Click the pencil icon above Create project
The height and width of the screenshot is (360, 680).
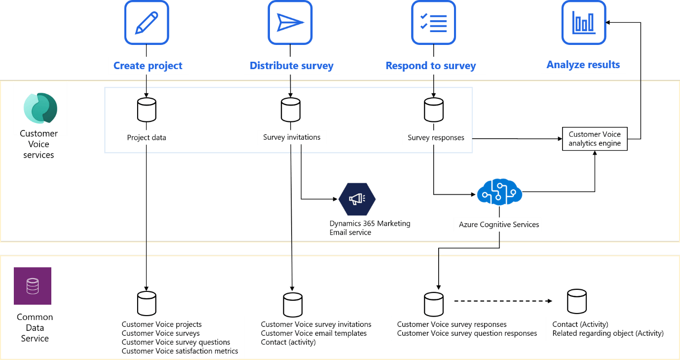tap(147, 23)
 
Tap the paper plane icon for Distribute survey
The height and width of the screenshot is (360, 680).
tap(290, 23)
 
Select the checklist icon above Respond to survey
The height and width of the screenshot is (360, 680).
tap(433, 23)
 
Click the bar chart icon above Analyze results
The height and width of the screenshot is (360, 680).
tap(583, 23)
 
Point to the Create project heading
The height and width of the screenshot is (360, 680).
tap(148, 66)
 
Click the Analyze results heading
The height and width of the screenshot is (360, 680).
tap(583, 65)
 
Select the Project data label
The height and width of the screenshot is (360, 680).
tap(147, 138)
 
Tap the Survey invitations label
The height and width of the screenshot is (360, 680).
tap(292, 137)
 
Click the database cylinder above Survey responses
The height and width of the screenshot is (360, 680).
tap(434, 110)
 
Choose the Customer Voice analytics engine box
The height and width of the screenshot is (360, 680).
tap(595, 139)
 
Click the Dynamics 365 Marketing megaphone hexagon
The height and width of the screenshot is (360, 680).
tap(357, 199)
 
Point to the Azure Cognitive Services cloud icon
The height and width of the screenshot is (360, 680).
tap(499, 192)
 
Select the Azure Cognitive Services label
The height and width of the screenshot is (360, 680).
tap(499, 225)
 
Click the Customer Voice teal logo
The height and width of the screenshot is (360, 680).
tap(40, 108)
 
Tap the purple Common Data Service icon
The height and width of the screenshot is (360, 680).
tap(33, 286)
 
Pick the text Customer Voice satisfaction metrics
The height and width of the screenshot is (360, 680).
tap(180, 351)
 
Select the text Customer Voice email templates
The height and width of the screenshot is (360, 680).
tap(314, 333)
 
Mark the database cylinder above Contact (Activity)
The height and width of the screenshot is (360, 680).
tap(576, 301)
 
